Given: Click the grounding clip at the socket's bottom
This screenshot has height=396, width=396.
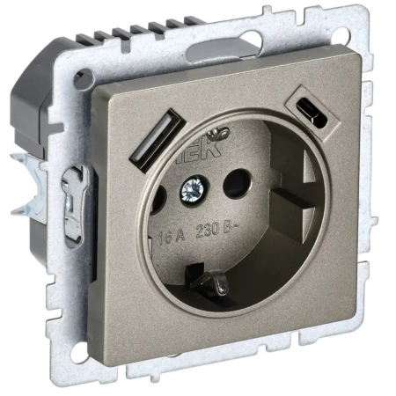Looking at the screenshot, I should (x=208, y=283).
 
